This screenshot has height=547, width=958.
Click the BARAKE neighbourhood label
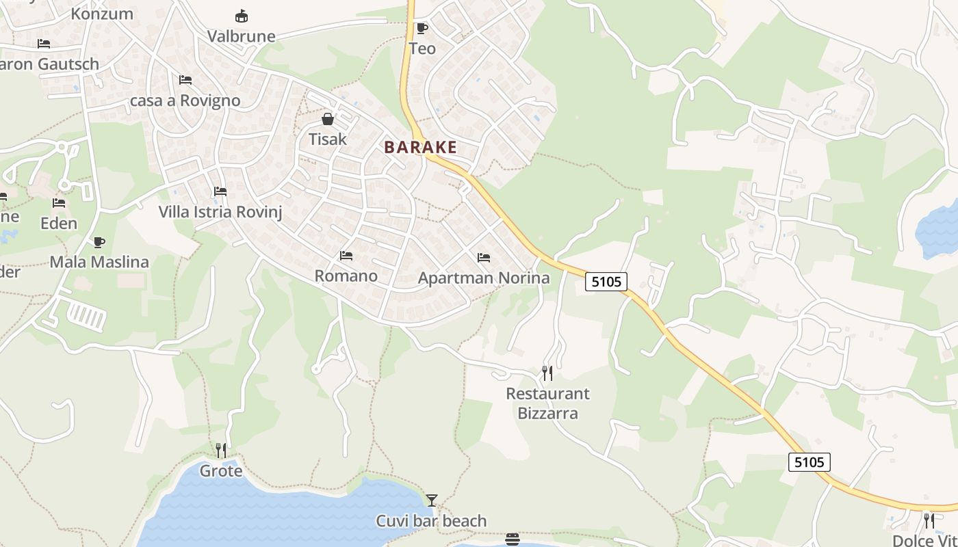coord(420,147)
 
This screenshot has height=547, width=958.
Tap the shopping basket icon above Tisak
coord(328,119)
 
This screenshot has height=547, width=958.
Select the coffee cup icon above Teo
coord(422,28)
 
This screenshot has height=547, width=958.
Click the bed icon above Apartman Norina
coord(484,258)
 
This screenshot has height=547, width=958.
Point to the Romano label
coord(346,276)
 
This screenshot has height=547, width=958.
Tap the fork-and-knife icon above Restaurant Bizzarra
coord(547,373)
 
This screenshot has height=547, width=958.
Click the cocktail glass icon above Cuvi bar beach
coord(431,501)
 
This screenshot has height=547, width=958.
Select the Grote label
coord(220,471)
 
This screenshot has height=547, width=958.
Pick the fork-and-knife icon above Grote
coord(220,450)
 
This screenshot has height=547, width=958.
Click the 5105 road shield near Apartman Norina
coord(606,281)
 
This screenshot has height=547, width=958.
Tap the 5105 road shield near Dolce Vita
coord(809,462)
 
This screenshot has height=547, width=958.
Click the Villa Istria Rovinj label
coord(220,211)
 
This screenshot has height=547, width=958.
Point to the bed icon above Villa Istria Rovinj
coord(220,191)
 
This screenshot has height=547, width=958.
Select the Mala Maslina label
coord(99,262)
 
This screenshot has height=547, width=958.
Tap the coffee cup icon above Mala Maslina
coord(99,242)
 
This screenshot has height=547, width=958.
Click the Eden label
coord(59,223)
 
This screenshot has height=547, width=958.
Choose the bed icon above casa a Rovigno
coord(185,80)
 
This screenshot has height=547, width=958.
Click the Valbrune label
coord(241,36)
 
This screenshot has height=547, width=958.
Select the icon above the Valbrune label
coord(241,16)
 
